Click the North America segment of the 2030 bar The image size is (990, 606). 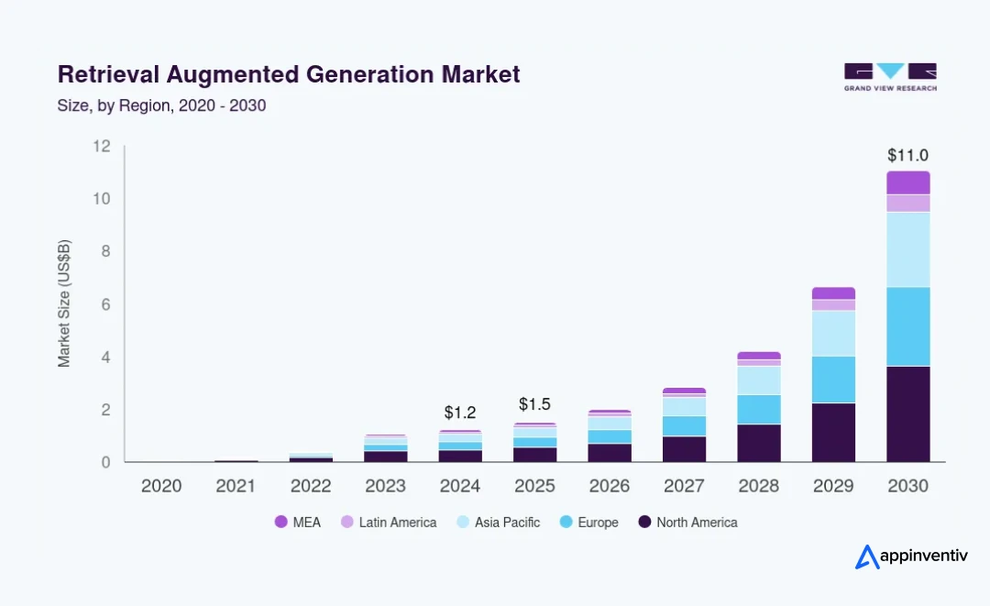[907, 414]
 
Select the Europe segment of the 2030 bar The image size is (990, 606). [907, 326]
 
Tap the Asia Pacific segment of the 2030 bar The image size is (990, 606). [907, 250]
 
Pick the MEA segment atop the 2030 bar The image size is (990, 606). [907, 182]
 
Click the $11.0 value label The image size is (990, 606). [907, 155]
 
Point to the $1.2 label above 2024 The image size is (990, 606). [460, 413]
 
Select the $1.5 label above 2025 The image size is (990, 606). [534, 404]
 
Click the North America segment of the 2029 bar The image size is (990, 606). [833, 433]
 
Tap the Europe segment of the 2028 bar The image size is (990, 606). [759, 410]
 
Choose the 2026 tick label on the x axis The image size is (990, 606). [610, 486]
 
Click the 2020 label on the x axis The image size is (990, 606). [161, 486]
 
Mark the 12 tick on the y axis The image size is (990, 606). [102, 147]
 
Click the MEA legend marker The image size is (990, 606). [281, 522]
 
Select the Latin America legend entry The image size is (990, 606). [389, 522]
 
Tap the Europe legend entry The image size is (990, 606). [589, 522]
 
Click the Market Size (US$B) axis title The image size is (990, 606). [64, 303]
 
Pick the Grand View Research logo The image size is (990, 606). [890, 77]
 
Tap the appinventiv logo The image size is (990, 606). [911, 556]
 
